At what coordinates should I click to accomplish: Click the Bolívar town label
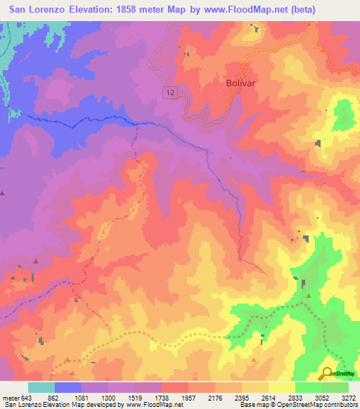tap(239, 82)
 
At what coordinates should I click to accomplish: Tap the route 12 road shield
tap(171, 92)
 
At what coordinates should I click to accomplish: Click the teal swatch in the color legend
tap(41, 387)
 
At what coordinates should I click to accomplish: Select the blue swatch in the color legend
tap(68, 387)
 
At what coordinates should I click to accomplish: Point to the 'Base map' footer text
tap(255, 405)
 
